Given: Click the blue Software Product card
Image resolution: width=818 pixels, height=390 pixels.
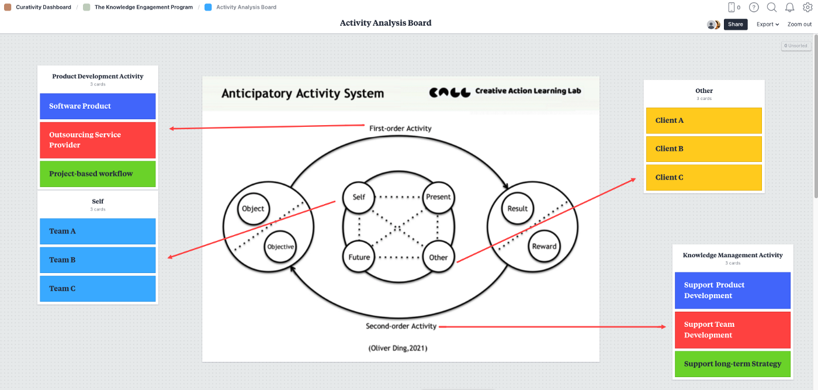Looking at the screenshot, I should [x=98, y=106].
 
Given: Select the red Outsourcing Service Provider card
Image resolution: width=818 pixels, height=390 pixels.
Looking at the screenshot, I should [x=98, y=140].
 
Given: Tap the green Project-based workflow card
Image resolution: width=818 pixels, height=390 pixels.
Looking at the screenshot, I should [x=98, y=174].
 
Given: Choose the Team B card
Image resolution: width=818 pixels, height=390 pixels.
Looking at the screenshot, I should [x=98, y=260].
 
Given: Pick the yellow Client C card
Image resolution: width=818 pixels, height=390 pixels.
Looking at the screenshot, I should [x=703, y=177].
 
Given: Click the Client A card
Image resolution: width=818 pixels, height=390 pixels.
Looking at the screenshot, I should [x=703, y=120].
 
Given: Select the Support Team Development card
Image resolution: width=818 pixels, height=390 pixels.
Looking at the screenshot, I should [x=732, y=330].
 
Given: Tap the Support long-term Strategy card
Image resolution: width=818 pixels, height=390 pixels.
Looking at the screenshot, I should [x=732, y=364].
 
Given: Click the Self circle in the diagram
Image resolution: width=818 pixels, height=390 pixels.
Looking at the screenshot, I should [x=359, y=197].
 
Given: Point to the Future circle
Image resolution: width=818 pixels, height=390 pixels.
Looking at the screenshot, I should [x=359, y=257].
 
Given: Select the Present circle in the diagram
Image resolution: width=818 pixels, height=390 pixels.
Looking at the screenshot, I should [x=438, y=197].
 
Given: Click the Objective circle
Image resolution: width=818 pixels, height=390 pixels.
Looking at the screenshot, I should [x=280, y=247].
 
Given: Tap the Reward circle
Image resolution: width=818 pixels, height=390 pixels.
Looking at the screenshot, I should [x=544, y=246].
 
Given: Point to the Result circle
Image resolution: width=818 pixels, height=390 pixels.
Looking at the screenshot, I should [x=518, y=209].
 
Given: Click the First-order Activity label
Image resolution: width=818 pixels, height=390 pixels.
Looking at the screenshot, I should [x=400, y=128].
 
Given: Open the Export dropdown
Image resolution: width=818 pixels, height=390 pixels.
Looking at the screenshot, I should [x=768, y=25].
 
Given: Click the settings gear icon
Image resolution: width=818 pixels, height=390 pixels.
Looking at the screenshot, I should [x=807, y=8].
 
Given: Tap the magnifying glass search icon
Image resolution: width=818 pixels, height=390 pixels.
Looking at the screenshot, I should [x=772, y=8].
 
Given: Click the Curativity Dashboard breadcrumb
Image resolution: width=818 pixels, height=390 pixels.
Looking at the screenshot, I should [x=43, y=8].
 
